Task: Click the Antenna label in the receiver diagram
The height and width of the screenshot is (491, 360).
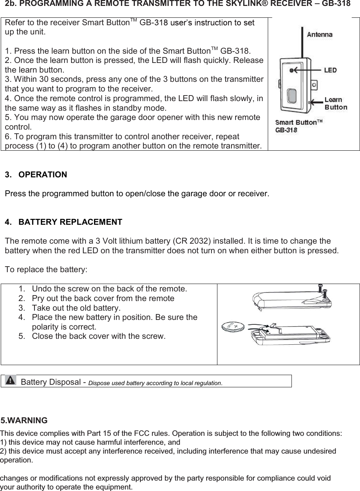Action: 319,34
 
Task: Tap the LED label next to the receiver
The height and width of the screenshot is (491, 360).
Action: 330,70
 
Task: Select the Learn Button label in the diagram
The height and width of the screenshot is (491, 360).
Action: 336,103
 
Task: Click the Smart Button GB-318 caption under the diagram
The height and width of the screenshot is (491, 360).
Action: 298,126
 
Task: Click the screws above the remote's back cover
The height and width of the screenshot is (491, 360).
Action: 323,290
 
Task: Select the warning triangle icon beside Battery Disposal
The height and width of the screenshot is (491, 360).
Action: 11,380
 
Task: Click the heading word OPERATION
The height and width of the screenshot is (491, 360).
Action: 43,174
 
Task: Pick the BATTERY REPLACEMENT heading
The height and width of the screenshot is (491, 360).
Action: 70,222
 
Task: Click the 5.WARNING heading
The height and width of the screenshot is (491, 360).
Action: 24,421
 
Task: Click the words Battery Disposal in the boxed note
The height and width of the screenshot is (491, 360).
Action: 50,382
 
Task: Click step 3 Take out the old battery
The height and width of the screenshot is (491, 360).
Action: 76,308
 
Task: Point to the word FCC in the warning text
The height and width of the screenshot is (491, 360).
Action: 141,433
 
